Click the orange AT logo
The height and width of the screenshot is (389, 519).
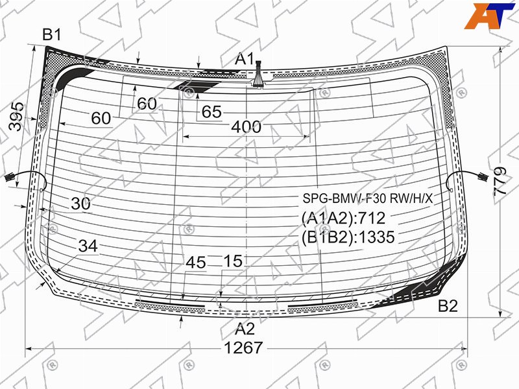point(490,16)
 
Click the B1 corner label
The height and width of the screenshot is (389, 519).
point(52,34)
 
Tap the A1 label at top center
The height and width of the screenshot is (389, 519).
point(245,59)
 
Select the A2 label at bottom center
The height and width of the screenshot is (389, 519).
point(245,329)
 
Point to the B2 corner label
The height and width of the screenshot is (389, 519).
point(448,306)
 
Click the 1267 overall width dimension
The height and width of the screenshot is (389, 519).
point(243,348)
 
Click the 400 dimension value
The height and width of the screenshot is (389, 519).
point(247,126)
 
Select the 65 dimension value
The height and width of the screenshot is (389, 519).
point(211,112)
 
